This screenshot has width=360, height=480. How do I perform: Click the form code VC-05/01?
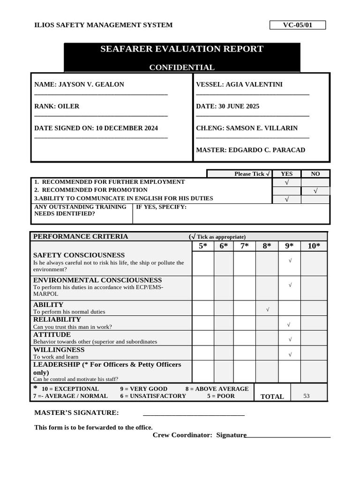point(297,25)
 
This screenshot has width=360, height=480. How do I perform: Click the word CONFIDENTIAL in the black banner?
point(182,67)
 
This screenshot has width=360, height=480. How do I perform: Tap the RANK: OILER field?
point(57,106)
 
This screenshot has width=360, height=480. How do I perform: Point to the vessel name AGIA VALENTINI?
point(254,84)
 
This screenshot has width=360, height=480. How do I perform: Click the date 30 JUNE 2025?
point(239,106)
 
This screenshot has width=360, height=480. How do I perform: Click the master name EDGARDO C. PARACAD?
point(266,150)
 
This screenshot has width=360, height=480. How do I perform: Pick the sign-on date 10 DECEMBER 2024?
point(127,128)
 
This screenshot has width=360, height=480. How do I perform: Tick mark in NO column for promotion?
point(315,191)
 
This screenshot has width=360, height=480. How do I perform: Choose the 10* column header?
point(314,246)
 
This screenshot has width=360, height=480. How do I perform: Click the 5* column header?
point(202,246)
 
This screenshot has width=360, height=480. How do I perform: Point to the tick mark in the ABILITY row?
point(267,309)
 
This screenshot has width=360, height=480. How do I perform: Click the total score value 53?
point(307,396)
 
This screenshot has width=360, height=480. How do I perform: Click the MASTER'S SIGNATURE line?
point(194,413)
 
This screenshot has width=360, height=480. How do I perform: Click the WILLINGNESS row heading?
point(59,350)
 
